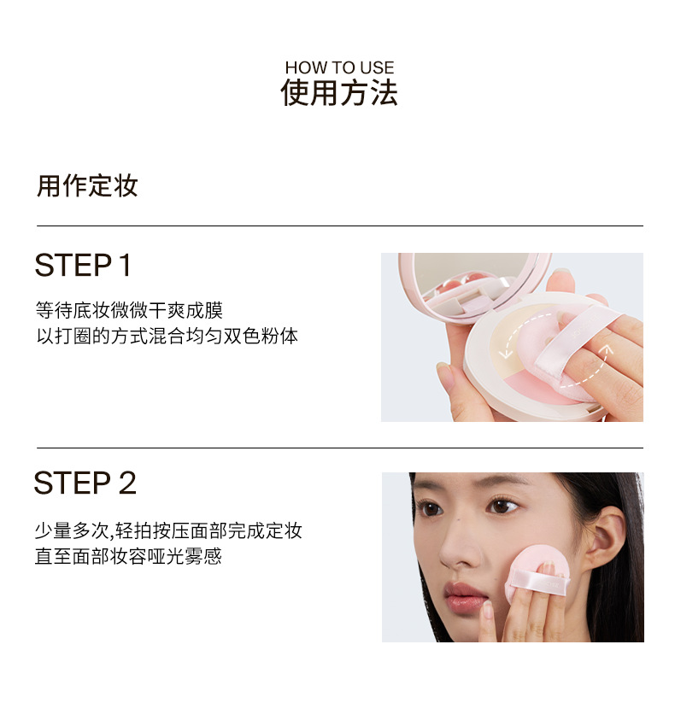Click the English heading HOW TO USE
tap(339, 67)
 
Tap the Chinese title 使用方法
tap(339, 93)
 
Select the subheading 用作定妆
tap(87, 185)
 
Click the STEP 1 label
tap(83, 265)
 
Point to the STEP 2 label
tap(85, 483)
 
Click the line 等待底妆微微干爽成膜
tap(129, 310)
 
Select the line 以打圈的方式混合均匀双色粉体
tap(167, 336)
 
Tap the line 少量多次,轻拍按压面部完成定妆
tap(168, 530)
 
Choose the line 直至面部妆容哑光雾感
tap(128, 556)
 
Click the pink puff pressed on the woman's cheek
tap(537, 571)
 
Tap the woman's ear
tap(606, 536)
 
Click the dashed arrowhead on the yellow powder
tap(506, 354)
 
